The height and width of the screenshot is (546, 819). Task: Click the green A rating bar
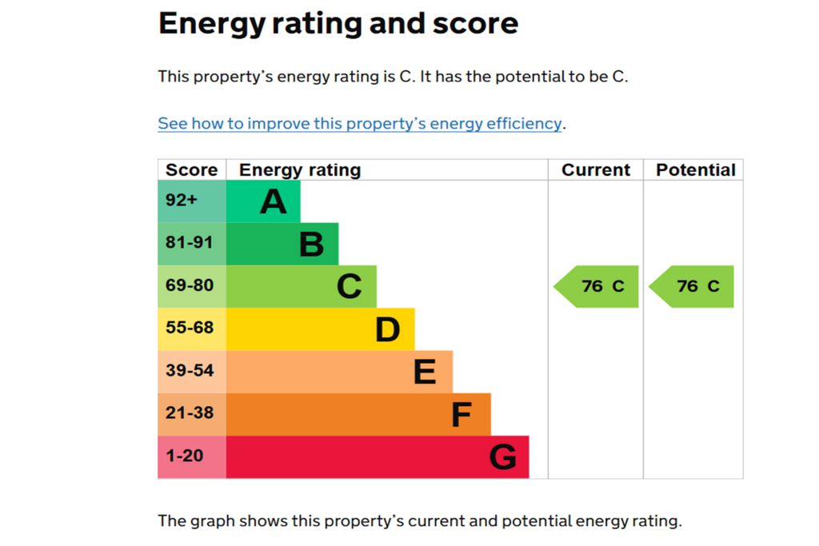tap(263, 201)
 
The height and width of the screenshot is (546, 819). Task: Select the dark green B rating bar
tap(282, 244)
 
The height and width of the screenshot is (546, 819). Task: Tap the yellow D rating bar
tap(320, 329)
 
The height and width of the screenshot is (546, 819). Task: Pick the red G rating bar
tap(378, 456)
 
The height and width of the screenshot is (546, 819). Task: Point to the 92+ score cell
tap(192, 201)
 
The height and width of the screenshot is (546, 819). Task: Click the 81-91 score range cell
tap(192, 244)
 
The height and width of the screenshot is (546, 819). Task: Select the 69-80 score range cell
tap(192, 286)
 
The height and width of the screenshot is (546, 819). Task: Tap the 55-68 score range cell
tap(192, 329)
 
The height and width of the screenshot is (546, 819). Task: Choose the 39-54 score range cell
tap(192, 372)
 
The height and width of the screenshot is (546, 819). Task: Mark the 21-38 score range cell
tap(192, 414)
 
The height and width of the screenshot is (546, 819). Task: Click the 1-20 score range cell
tap(192, 456)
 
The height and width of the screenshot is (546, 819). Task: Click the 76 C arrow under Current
tap(596, 286)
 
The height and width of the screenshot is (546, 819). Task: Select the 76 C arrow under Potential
tap(691, 286)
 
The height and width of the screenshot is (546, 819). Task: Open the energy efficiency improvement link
tap(360, 124)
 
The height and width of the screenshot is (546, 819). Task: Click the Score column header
tap(192, 170)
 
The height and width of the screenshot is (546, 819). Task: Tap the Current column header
tap(596, 170)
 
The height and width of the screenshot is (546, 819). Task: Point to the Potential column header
tap(696, 170)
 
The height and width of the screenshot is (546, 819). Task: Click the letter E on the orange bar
tap(425, 373)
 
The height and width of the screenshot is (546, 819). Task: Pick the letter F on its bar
tap(461, 415)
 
